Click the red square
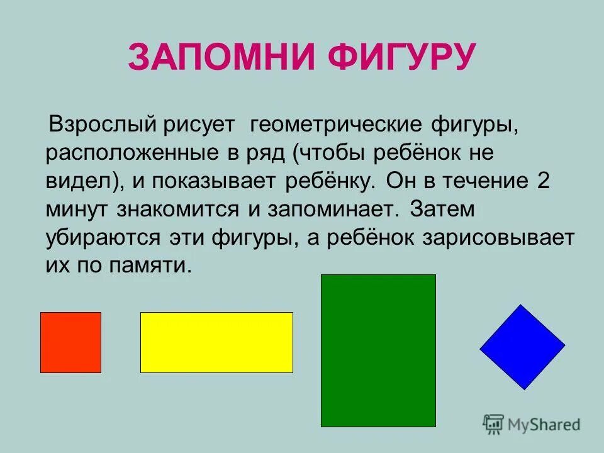tap(70, 342)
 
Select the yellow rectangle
tap(216, 342)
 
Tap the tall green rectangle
tap(378, 350)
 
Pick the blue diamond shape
tap(522, 347)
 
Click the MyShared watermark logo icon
tap(494, 425)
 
